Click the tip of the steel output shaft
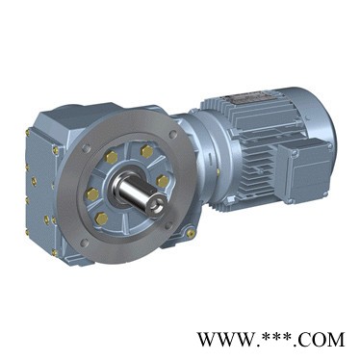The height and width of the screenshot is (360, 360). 158,205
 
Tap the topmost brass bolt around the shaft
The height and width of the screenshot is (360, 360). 147,151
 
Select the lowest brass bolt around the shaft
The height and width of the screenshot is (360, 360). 101,219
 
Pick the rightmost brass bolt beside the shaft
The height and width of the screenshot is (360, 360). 163,181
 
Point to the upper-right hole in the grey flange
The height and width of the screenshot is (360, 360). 173,134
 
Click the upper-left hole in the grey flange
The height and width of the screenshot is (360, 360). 86,148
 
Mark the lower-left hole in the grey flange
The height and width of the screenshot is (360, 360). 84,242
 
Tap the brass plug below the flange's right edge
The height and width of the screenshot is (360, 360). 191,233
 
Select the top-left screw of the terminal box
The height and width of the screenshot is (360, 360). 294,153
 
